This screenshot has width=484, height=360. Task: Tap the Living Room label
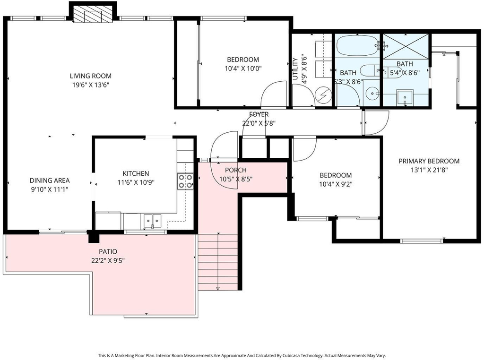pos(90,76)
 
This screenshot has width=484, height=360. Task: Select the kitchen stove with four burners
pos(185,181)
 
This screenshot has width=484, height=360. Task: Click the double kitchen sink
pos(153,221)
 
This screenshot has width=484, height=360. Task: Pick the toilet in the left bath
pos(370,71)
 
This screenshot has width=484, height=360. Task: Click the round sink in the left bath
pos(373,93)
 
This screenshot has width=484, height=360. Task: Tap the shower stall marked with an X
pos(406,45)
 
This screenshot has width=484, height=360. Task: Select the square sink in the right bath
pos(405,97)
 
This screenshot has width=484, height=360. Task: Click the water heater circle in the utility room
pos(323,95)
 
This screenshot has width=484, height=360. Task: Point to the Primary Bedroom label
pos(429,161)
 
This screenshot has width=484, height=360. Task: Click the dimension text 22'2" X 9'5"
pos(108,261)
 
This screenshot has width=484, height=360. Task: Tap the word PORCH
pos(236,170)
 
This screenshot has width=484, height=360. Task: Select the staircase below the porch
pos(218,262)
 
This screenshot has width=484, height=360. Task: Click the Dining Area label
pos(50,180)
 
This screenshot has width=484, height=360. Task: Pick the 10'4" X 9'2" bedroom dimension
pos(336,184)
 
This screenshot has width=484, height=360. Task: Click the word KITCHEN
pos(136,173)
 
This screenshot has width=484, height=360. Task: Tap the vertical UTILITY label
pos(295,69)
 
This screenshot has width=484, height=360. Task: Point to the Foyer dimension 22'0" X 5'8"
pos(259,123)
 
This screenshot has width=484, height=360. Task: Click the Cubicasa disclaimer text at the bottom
pos(242,355)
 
